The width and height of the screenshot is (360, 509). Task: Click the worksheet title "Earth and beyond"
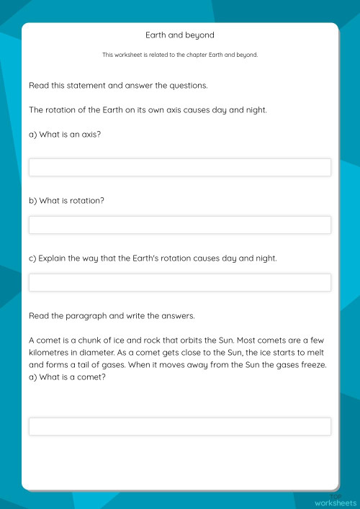[x=180, y=35]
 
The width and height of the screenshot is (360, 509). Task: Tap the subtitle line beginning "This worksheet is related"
[x=180, y=55]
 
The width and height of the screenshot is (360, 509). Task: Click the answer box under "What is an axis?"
[x=180, y=168]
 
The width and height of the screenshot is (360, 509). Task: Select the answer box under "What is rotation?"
[x=180, y=225]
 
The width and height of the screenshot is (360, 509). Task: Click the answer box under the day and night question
[x=180, y=282]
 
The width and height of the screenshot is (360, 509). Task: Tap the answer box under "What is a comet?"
[x=180, y=426]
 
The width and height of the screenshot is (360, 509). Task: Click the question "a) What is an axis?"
[x=65, y=134]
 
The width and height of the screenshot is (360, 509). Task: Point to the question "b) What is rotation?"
[x=67, y=201]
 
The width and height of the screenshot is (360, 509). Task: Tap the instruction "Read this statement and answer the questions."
[x=118, y=86]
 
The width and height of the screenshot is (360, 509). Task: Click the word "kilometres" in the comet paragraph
[x=50, y=352]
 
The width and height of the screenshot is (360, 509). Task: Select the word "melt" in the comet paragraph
[x=321, y=352]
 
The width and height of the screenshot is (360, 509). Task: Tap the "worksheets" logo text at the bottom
[x=335, y=502]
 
